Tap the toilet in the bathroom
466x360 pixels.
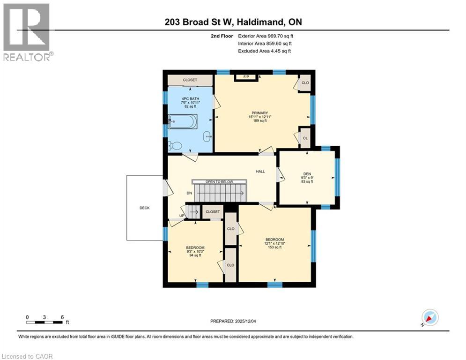pyautogui.click(x=176, y=146)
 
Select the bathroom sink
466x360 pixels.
pyautogui.click(x=207, y=136)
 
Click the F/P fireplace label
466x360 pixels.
pyautogui.click(x=246, y=77)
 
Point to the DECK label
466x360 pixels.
pyautogui.click(x=144, y=208)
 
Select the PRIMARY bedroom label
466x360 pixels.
pyautogui.click(x=259, y=113)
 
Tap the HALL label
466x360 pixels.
pyautogui.click(x=260, y=172)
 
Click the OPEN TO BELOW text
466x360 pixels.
pyautogui.click(x=219, y=181)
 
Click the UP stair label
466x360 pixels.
pyautogui.click(x=181, y=216)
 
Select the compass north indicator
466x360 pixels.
pyautogui.click(x=429, y=318)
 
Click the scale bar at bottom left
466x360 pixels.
pyautogui.click(x=44, y=322)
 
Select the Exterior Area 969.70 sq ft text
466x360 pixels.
pyautogui.click(x=266, y=36)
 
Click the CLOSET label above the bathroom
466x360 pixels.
pyautogui.click(x=190, y=80)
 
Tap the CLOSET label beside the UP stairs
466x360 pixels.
pyautogui.click(x=213, y=212)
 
